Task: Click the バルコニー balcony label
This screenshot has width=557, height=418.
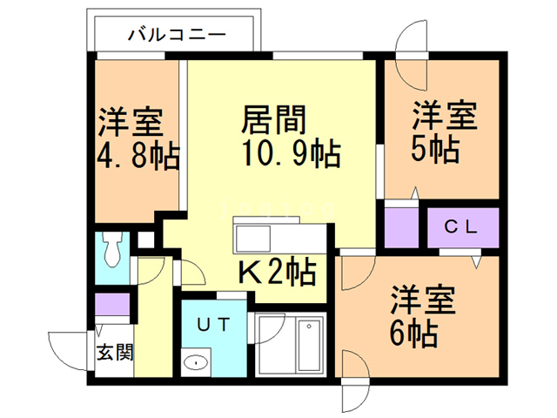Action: click(177, 35)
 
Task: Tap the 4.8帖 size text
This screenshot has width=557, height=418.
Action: click(138, 157)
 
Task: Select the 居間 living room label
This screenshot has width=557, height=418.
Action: click(273, 120)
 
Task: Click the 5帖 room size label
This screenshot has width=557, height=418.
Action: click(435, 149)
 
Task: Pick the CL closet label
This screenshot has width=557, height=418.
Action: click(461, 226)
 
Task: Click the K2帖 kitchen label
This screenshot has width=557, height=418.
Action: click(278, 272)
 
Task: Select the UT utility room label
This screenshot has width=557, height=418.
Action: click(214, 325)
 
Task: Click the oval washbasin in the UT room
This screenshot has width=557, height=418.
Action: click(196, 362)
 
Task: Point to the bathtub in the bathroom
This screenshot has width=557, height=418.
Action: click(310, 345)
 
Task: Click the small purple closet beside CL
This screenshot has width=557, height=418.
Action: click(401, 227)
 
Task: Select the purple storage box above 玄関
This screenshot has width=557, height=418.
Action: click(112, 304)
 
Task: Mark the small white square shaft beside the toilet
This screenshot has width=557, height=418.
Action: click(145, 239)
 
